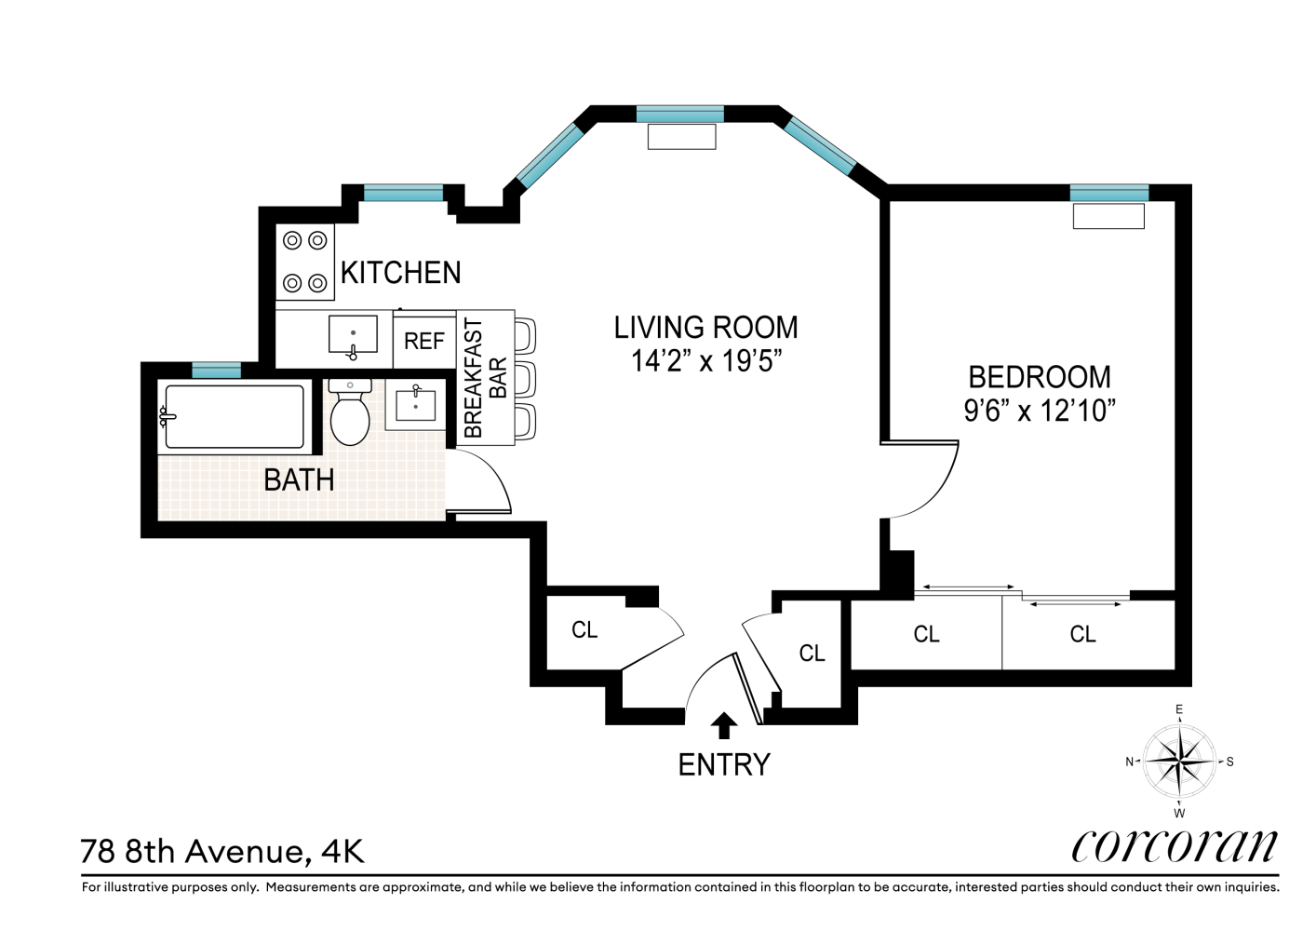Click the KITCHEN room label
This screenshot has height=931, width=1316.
click(400, 273)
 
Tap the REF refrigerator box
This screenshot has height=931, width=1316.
click(423, 342)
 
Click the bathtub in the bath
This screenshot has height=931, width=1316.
click(233, 417)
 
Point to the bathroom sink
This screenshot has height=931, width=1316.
click(415, 405)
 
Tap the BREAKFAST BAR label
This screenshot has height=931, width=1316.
click(485, 378)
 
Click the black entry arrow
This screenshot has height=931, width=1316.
click(723, 725)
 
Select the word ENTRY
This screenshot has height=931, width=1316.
click(723, 765)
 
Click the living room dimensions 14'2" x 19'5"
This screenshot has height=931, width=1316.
click(705, 361)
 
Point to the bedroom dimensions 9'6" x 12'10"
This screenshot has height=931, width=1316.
click(1039, 411)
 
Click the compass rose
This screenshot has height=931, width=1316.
click(1178, 762)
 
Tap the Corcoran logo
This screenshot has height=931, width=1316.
click(1175, 845)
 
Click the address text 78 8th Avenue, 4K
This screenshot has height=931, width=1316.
click(222, 852)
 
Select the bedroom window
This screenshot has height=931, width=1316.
click(1108, 193)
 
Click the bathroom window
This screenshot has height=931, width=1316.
click(216, 370)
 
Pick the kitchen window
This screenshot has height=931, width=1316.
click(403, 193)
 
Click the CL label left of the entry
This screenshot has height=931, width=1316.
click(584, 630)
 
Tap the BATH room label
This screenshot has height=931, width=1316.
click(299, 480)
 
